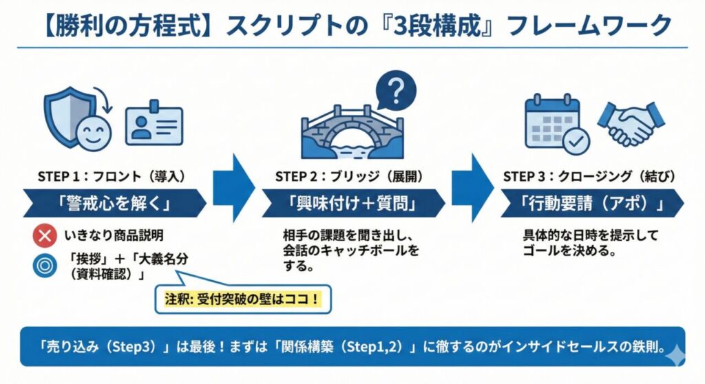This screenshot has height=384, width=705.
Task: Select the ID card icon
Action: coord(154,126)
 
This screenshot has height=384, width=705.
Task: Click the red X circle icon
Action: coord(44,236)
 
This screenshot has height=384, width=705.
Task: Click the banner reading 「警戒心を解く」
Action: coord(114,204)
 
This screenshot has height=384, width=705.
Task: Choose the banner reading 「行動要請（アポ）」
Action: coord(592,204)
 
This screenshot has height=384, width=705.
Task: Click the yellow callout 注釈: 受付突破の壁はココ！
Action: coord(242,300)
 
